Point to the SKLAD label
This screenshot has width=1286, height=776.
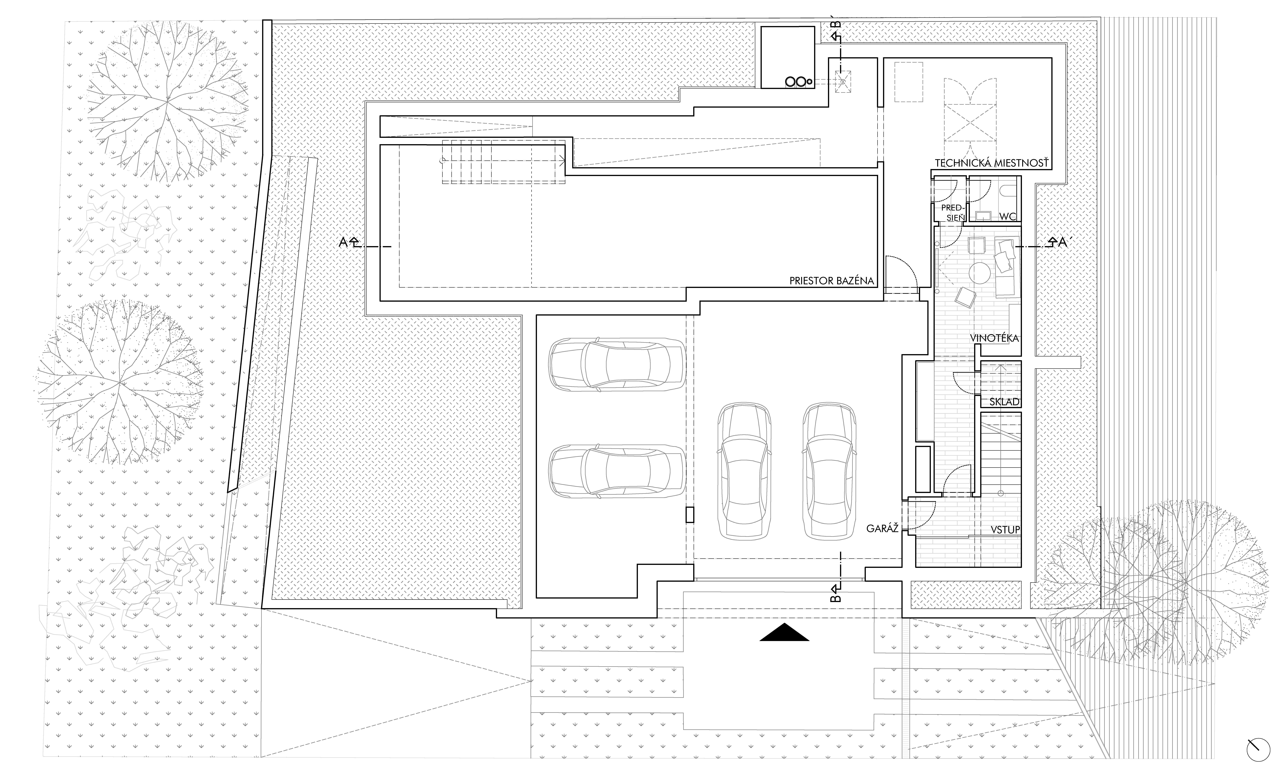coord(1004,402)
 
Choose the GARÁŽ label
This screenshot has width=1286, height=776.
coord(882,528)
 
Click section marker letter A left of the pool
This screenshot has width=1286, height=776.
coord(343,242)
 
